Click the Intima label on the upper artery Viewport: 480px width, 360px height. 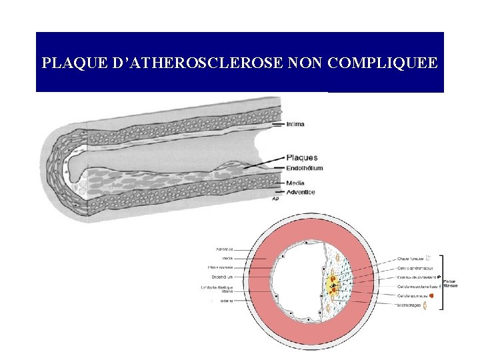click(x=295, y=123)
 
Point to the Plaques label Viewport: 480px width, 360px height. click(x=301, y=158)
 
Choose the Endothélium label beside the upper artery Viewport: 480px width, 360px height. click(x=304, y=168)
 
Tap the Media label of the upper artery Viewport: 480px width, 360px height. click(x=295, y=183)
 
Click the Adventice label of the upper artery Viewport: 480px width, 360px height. click(x=300, y=193)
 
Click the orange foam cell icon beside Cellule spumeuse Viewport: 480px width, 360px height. click(x=432, y=295)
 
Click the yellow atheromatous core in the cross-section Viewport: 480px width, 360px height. click(x=331, y=287)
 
